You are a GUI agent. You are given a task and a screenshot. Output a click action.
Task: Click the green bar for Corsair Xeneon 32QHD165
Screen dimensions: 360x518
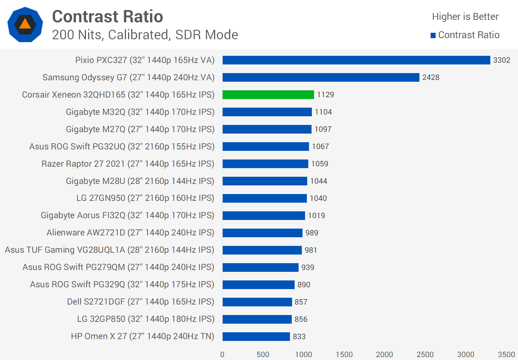[x=268, y=95]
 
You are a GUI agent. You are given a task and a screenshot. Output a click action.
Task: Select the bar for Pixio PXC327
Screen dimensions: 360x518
[x=356, y=60]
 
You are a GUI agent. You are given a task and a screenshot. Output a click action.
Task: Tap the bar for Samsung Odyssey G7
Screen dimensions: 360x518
[x=321, y=77]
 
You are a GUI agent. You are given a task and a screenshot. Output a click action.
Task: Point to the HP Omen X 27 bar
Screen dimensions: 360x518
[x=256, y=337]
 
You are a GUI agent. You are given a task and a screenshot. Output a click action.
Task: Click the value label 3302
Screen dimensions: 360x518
[x=501, y=60]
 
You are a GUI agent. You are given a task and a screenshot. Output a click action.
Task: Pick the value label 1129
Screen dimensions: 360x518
[x=325, y=95]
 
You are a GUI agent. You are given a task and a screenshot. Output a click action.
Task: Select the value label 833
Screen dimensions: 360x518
[x=299, y=337]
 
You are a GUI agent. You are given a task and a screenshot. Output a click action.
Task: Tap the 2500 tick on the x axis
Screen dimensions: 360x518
[x=425, y=355]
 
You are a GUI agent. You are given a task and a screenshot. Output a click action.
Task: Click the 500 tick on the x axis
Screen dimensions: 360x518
[x=263, y=355]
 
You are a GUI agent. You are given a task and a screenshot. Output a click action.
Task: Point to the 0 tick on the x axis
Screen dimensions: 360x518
[x=222, y=355]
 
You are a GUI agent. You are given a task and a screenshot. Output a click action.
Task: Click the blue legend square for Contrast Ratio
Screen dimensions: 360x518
[x=433, y=35]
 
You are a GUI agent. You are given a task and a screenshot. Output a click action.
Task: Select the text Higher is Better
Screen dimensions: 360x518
[x=465, y=17]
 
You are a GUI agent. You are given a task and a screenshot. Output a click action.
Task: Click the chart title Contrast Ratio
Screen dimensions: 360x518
[x=108, y=17]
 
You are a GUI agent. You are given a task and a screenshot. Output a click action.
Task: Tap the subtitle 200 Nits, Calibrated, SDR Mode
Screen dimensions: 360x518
[x=145, y=35]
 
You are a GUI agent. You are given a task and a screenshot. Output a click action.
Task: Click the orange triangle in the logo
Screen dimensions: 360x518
[x=25, y=24]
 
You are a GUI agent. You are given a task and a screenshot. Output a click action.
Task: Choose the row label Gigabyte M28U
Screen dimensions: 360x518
[x=140, y=181]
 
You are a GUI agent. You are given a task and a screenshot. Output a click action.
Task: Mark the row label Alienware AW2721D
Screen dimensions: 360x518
[x=130, y=233]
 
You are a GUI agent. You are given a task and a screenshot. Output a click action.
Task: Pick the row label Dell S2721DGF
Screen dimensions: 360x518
[x=140, y=302]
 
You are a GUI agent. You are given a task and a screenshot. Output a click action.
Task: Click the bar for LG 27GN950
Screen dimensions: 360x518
[x=264, y=198]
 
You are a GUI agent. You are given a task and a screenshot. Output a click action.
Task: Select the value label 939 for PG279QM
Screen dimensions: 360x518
[x=308, y=267]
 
